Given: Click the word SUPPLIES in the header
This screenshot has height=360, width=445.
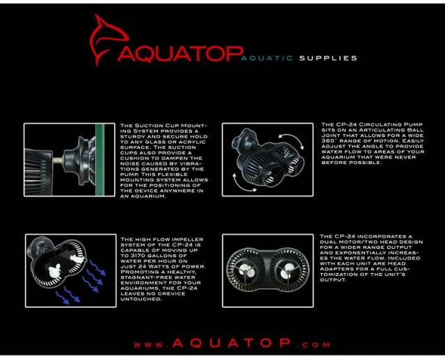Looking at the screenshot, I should pyautogui.click(x=328, y=58).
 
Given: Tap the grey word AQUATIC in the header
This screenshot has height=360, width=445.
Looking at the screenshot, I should pyautogui.click(x=268, y=58).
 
